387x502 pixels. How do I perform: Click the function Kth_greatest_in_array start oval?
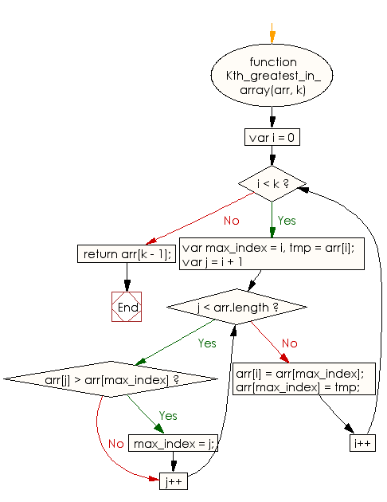click(273, 76)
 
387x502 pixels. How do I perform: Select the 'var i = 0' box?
click(272, 137)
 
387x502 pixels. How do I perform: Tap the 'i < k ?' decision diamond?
click(272, 185)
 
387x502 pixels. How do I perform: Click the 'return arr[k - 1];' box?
click(127, 254)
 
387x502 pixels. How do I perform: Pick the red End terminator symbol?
click(127, 307)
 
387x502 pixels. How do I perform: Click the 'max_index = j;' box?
click(171, 442)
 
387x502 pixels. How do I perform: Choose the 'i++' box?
click(362, 442)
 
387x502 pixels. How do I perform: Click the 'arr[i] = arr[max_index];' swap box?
click(300, 380)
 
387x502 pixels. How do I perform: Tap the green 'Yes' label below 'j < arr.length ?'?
click(206, 343)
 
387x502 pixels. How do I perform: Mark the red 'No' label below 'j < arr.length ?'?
click(289, 343)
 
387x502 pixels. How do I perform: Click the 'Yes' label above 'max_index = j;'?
click(168, 415)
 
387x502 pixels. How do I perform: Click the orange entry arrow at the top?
click(272, 35)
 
